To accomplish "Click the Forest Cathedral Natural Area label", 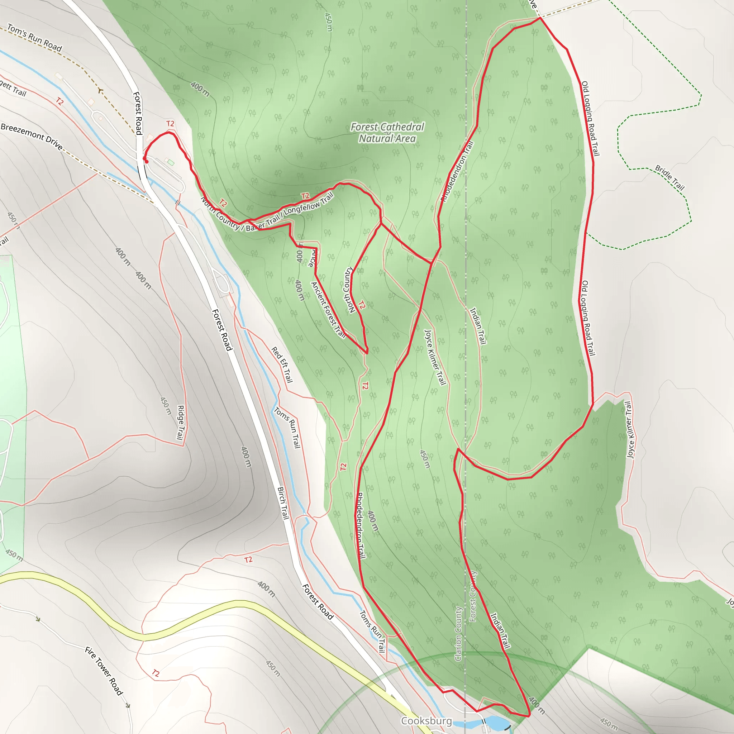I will (387, 133).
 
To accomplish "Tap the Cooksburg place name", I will (426, 721).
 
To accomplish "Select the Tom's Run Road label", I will (34, 38).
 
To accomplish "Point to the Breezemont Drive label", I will (32, 136).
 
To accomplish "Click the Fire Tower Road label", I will (104, 671).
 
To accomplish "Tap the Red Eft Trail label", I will (282, 364).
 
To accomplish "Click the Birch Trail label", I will (283, 502).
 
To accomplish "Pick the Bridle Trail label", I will (669, 177).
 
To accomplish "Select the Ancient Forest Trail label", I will (328, 310).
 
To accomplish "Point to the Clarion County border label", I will (458, 633).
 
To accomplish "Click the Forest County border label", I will (473, 596).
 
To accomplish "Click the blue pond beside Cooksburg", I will (495, 721).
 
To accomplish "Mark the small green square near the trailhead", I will (171, 163).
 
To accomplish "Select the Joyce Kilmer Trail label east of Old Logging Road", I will (629, 429).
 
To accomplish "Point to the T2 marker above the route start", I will (170, 124).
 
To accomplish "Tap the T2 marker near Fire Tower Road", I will (156, 673).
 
